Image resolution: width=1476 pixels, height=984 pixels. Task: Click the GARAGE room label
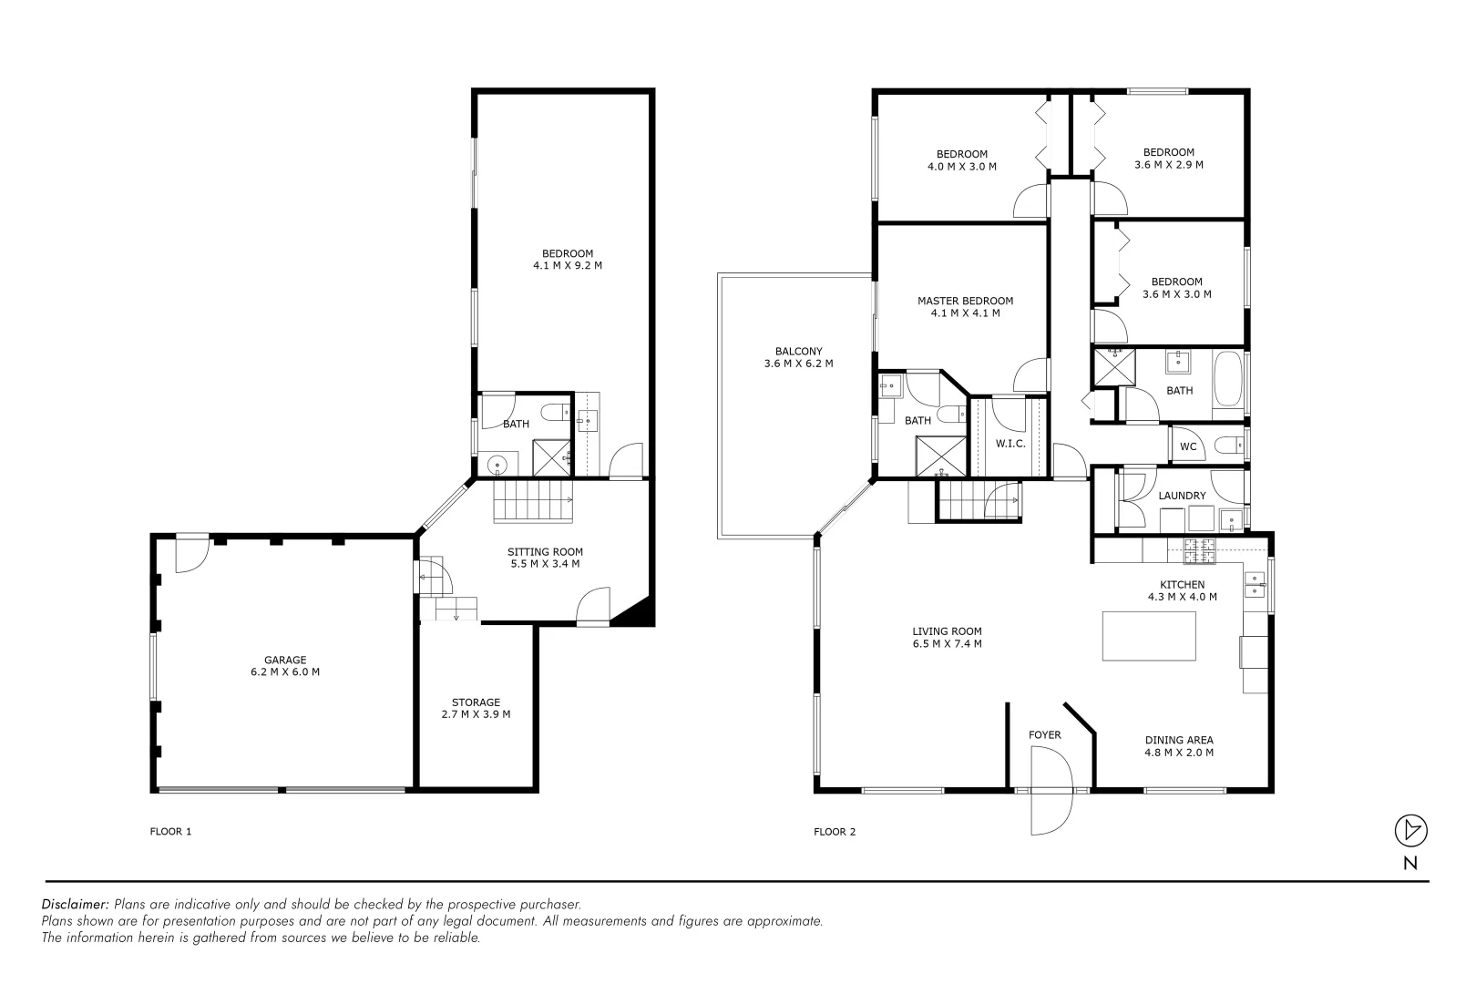285,666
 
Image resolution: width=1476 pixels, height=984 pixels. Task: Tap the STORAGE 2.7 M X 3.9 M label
476,708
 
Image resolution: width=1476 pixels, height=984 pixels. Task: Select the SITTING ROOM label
545,558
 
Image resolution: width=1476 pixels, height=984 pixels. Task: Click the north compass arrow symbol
1410,830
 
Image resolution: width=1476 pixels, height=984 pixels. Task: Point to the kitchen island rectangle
1149,635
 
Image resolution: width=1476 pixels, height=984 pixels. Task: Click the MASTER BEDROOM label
965,306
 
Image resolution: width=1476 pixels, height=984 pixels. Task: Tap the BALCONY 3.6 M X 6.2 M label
798,357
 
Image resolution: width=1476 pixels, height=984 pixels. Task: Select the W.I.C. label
1010,444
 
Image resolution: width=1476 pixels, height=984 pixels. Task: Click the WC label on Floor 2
1188,446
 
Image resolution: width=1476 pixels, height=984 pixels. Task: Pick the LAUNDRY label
1182,496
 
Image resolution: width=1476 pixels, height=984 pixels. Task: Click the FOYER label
1044,734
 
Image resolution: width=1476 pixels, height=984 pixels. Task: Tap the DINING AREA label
1179,746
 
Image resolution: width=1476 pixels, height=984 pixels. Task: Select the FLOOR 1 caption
170,831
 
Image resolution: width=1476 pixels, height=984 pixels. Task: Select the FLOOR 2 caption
835,831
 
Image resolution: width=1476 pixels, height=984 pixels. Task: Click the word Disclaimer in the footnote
75,904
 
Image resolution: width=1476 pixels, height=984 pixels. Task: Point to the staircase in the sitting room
533,502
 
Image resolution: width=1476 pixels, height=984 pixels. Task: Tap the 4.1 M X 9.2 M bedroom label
568,260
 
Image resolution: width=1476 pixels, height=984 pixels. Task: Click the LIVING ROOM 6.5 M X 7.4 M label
947,637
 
